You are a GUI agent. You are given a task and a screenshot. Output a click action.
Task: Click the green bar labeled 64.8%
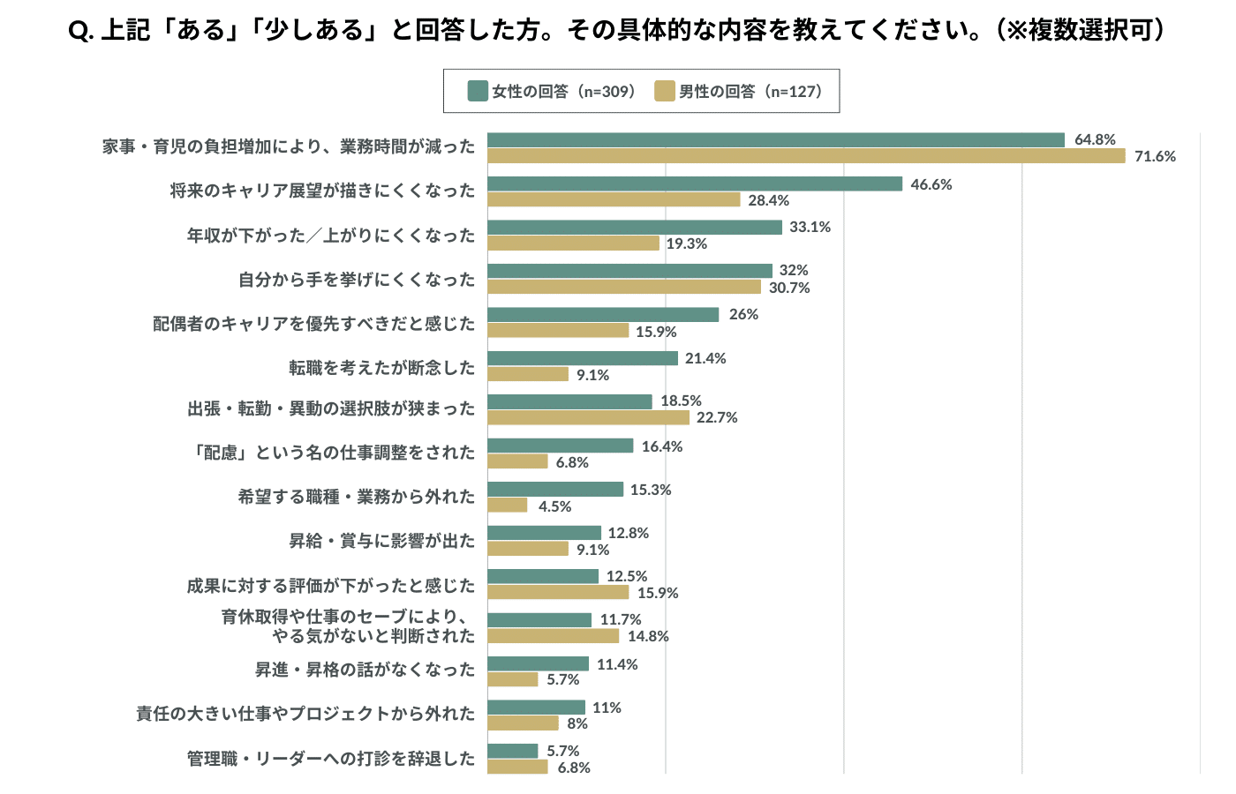pos(776,139)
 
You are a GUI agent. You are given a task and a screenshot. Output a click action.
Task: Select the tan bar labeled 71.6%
pos(806,156)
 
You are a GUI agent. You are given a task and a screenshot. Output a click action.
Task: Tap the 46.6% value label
pos(931,184)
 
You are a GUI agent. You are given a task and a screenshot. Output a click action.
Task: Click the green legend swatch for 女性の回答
pos(478,91)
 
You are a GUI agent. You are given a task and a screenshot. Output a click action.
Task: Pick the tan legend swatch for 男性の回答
pos(665,91)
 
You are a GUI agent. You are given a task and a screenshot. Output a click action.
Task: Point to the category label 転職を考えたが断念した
pos(381,367)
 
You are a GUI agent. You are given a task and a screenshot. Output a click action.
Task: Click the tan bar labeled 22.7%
pos(588,417)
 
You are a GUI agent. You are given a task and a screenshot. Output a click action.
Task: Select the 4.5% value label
pos(554,506)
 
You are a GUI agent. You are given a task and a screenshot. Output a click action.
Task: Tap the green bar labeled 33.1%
pos(635,228)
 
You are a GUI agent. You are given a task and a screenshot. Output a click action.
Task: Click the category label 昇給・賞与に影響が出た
pos(381,541)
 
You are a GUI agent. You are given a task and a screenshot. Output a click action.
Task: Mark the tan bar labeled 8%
pos(523,723)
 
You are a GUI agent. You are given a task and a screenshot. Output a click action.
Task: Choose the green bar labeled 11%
pos(536,708)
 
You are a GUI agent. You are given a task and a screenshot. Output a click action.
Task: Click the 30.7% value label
pos(789,288)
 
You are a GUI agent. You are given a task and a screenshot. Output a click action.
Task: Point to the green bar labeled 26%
pos(603,315)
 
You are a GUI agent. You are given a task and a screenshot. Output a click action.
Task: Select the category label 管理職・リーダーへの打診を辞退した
pos(331,759)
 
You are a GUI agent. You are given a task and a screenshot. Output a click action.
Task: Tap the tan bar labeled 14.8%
pos(553,636)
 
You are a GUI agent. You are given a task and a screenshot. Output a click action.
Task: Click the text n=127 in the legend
pos(795,92)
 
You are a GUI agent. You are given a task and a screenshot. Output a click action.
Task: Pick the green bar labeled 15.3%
pos(555,490)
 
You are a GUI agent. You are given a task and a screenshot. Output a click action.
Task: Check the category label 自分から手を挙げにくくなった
pos(357,280)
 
